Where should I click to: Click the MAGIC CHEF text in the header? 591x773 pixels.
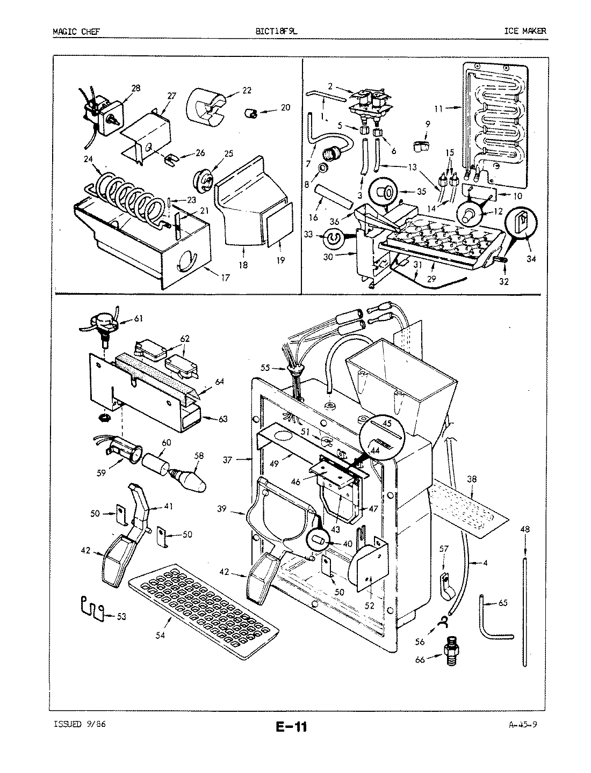(x=75, y=31)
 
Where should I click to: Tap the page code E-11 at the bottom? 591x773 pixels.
(x=291, y=727)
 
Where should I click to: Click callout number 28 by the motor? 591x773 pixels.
(x=135, y=88)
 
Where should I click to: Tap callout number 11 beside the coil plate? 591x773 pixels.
(x=438, y=108)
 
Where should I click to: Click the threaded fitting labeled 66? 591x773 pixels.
(x=448, y=657)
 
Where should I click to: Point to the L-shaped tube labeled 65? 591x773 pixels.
(x=489, y=617)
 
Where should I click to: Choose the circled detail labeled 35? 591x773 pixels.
(x=385, y=191)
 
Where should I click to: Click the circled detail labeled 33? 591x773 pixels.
(x=333, y=236)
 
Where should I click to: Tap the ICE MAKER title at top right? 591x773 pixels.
(x=524, y=31)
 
